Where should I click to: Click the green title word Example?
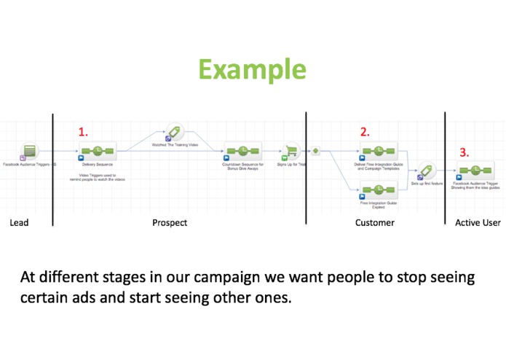pos(252,70)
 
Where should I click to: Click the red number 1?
pos(83,132)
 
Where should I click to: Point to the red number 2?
pos(365,132)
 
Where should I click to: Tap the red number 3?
pos(464,154)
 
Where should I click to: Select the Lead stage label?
pos(20,222)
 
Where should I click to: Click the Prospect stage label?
pos(170,222)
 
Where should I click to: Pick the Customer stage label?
pos(374,222)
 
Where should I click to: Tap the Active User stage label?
pos(478,222)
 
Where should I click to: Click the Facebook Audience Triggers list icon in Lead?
pos(30,152)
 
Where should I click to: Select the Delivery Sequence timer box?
pos(98,152)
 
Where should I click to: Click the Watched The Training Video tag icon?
pos(175,133)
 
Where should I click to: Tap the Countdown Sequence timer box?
pos(242,152)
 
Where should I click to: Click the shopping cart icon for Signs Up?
pos(291,152)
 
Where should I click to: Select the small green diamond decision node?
pos(316,152)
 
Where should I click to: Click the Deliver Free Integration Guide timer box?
pos(379,152)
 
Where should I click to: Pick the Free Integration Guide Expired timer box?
pos(379,192)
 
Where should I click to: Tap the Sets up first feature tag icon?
pos(426,171)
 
